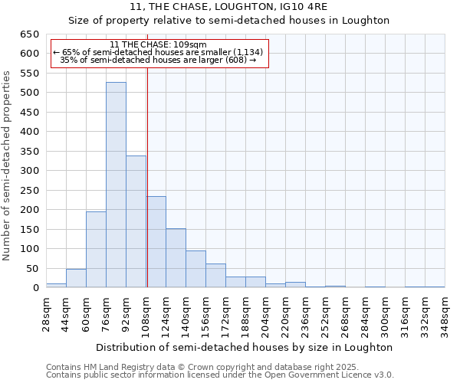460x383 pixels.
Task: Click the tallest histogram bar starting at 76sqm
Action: [116, 185]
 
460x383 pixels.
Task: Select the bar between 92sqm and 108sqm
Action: [136, 221]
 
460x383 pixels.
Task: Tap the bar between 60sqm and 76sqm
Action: [96, 249]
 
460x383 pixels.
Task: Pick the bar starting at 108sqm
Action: [156, 241]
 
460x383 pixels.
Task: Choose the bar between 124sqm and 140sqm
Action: [176, 257]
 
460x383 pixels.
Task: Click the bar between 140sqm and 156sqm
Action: [195, 269]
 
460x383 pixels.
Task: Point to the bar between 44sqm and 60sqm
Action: [76, 278]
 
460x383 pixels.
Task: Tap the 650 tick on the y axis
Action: [30, 34]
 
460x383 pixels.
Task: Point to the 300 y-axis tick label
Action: [30, 171]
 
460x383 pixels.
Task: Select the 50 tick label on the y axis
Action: [33, 268]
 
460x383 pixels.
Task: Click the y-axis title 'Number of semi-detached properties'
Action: [8, 165]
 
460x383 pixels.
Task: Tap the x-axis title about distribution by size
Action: [245, 347]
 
